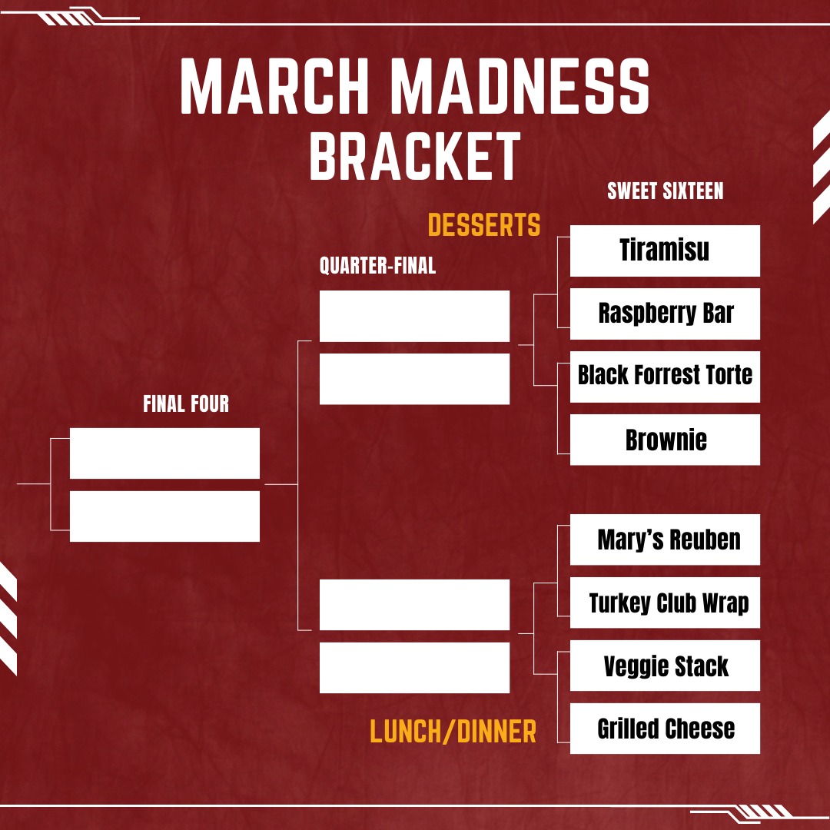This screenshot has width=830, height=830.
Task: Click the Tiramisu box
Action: pos(665,251)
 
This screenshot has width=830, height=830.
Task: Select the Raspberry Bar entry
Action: pos(665,314)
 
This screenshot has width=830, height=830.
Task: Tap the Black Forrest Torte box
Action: pos(665,377)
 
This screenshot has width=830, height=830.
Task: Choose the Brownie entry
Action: pos(665,440)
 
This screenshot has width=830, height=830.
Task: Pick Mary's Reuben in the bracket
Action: pos(665,539)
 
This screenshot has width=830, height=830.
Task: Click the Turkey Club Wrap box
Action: pos(665,603)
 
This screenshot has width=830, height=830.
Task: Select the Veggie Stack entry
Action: pos(665,666)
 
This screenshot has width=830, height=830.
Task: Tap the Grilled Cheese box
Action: pos(665,729)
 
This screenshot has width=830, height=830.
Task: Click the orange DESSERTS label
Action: pos(484,225)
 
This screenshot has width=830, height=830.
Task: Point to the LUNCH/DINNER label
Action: pos(453,732)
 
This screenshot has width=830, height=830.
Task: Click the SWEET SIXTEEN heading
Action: pos(665,191)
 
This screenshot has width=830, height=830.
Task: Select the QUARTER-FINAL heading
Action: pos(377,266)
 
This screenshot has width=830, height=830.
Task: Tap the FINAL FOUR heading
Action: pos(186,404)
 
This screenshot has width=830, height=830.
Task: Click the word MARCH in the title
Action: pos(274,86)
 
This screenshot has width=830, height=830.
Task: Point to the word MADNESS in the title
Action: pos(523,86)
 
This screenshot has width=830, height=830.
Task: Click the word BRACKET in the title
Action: pos(415,156)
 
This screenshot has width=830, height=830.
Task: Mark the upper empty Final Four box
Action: pos(164,453)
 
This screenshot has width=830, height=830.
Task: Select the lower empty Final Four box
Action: pos(164,516)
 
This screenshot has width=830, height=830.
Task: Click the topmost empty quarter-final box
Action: pos(414,316)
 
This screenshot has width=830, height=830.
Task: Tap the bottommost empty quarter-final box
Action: pos(414,668)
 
